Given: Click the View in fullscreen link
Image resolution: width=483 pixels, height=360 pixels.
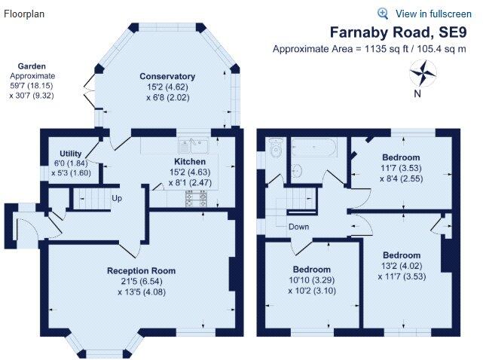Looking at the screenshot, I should point(433,14).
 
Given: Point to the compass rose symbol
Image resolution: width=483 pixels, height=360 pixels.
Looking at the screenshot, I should point(424,74).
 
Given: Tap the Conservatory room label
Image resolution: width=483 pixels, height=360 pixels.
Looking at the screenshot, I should point(167,76).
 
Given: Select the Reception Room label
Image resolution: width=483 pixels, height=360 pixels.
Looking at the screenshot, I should point(141,270).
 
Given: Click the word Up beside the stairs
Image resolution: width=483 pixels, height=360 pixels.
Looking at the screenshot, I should point(116,199).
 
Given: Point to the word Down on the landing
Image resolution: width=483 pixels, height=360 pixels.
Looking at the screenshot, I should point(298,226).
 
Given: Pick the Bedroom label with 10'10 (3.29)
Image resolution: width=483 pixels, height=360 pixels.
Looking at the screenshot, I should point(312,270).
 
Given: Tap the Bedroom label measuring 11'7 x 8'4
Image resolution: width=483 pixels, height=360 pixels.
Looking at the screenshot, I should point(401,136).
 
